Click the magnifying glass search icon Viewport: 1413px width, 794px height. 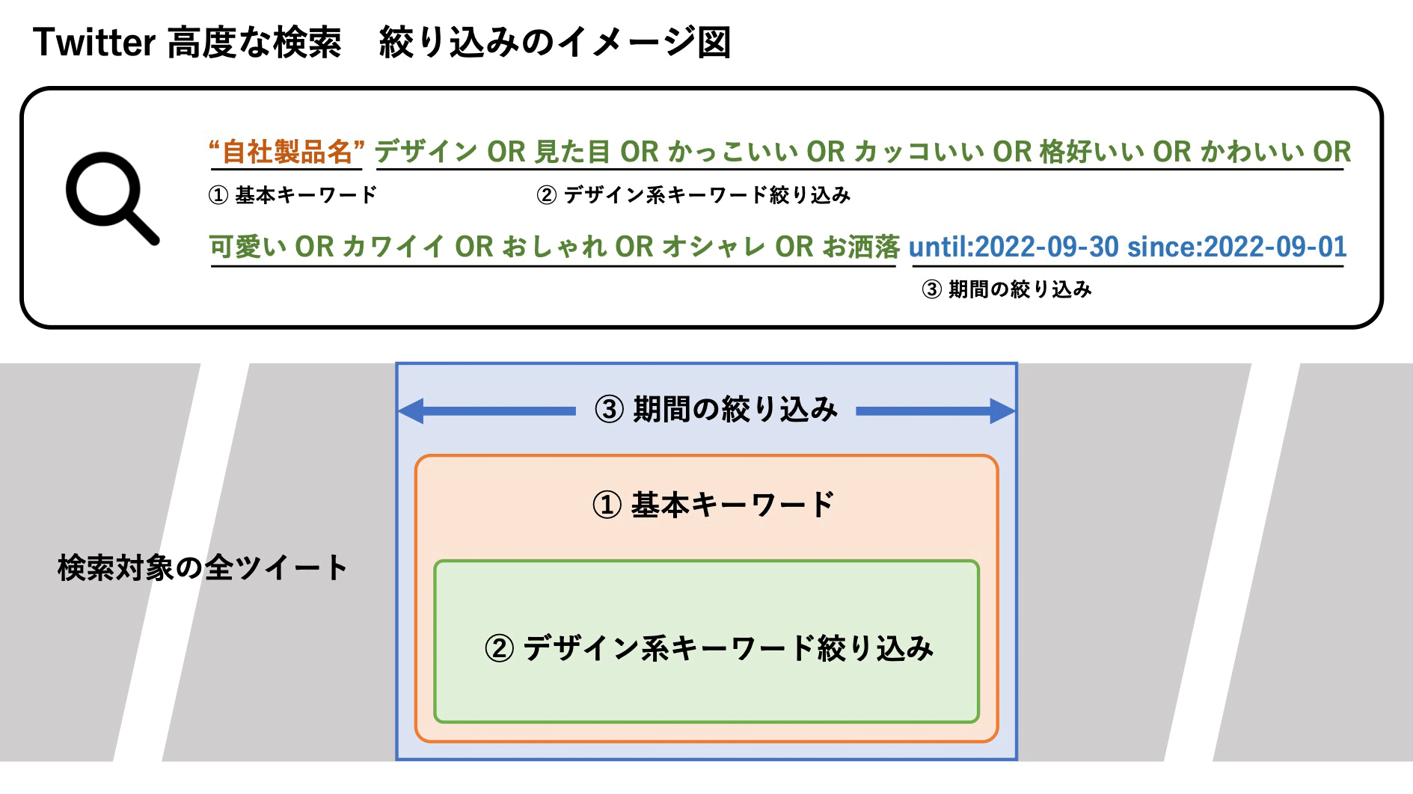click(x=111, y=197)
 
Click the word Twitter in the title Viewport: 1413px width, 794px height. click(x=94, y=43)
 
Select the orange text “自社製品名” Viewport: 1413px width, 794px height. click(x=286, y=153)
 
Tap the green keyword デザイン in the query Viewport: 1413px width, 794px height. click(x=426, y=153)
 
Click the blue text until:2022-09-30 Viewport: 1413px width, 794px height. click(x=1014, y=247)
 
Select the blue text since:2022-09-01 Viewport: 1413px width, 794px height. click(x=1236, y=247)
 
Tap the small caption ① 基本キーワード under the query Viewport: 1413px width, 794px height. click(x=292, y=195)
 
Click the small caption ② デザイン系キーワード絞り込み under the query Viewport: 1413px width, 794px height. click(x=693, y=195)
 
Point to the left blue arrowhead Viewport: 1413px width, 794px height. click(x=411, y=410)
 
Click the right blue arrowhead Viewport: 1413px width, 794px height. click(x=1002, y=410)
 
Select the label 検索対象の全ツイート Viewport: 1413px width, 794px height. click(x=202, y=567)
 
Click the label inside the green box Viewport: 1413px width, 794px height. click(x=708, y=647)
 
